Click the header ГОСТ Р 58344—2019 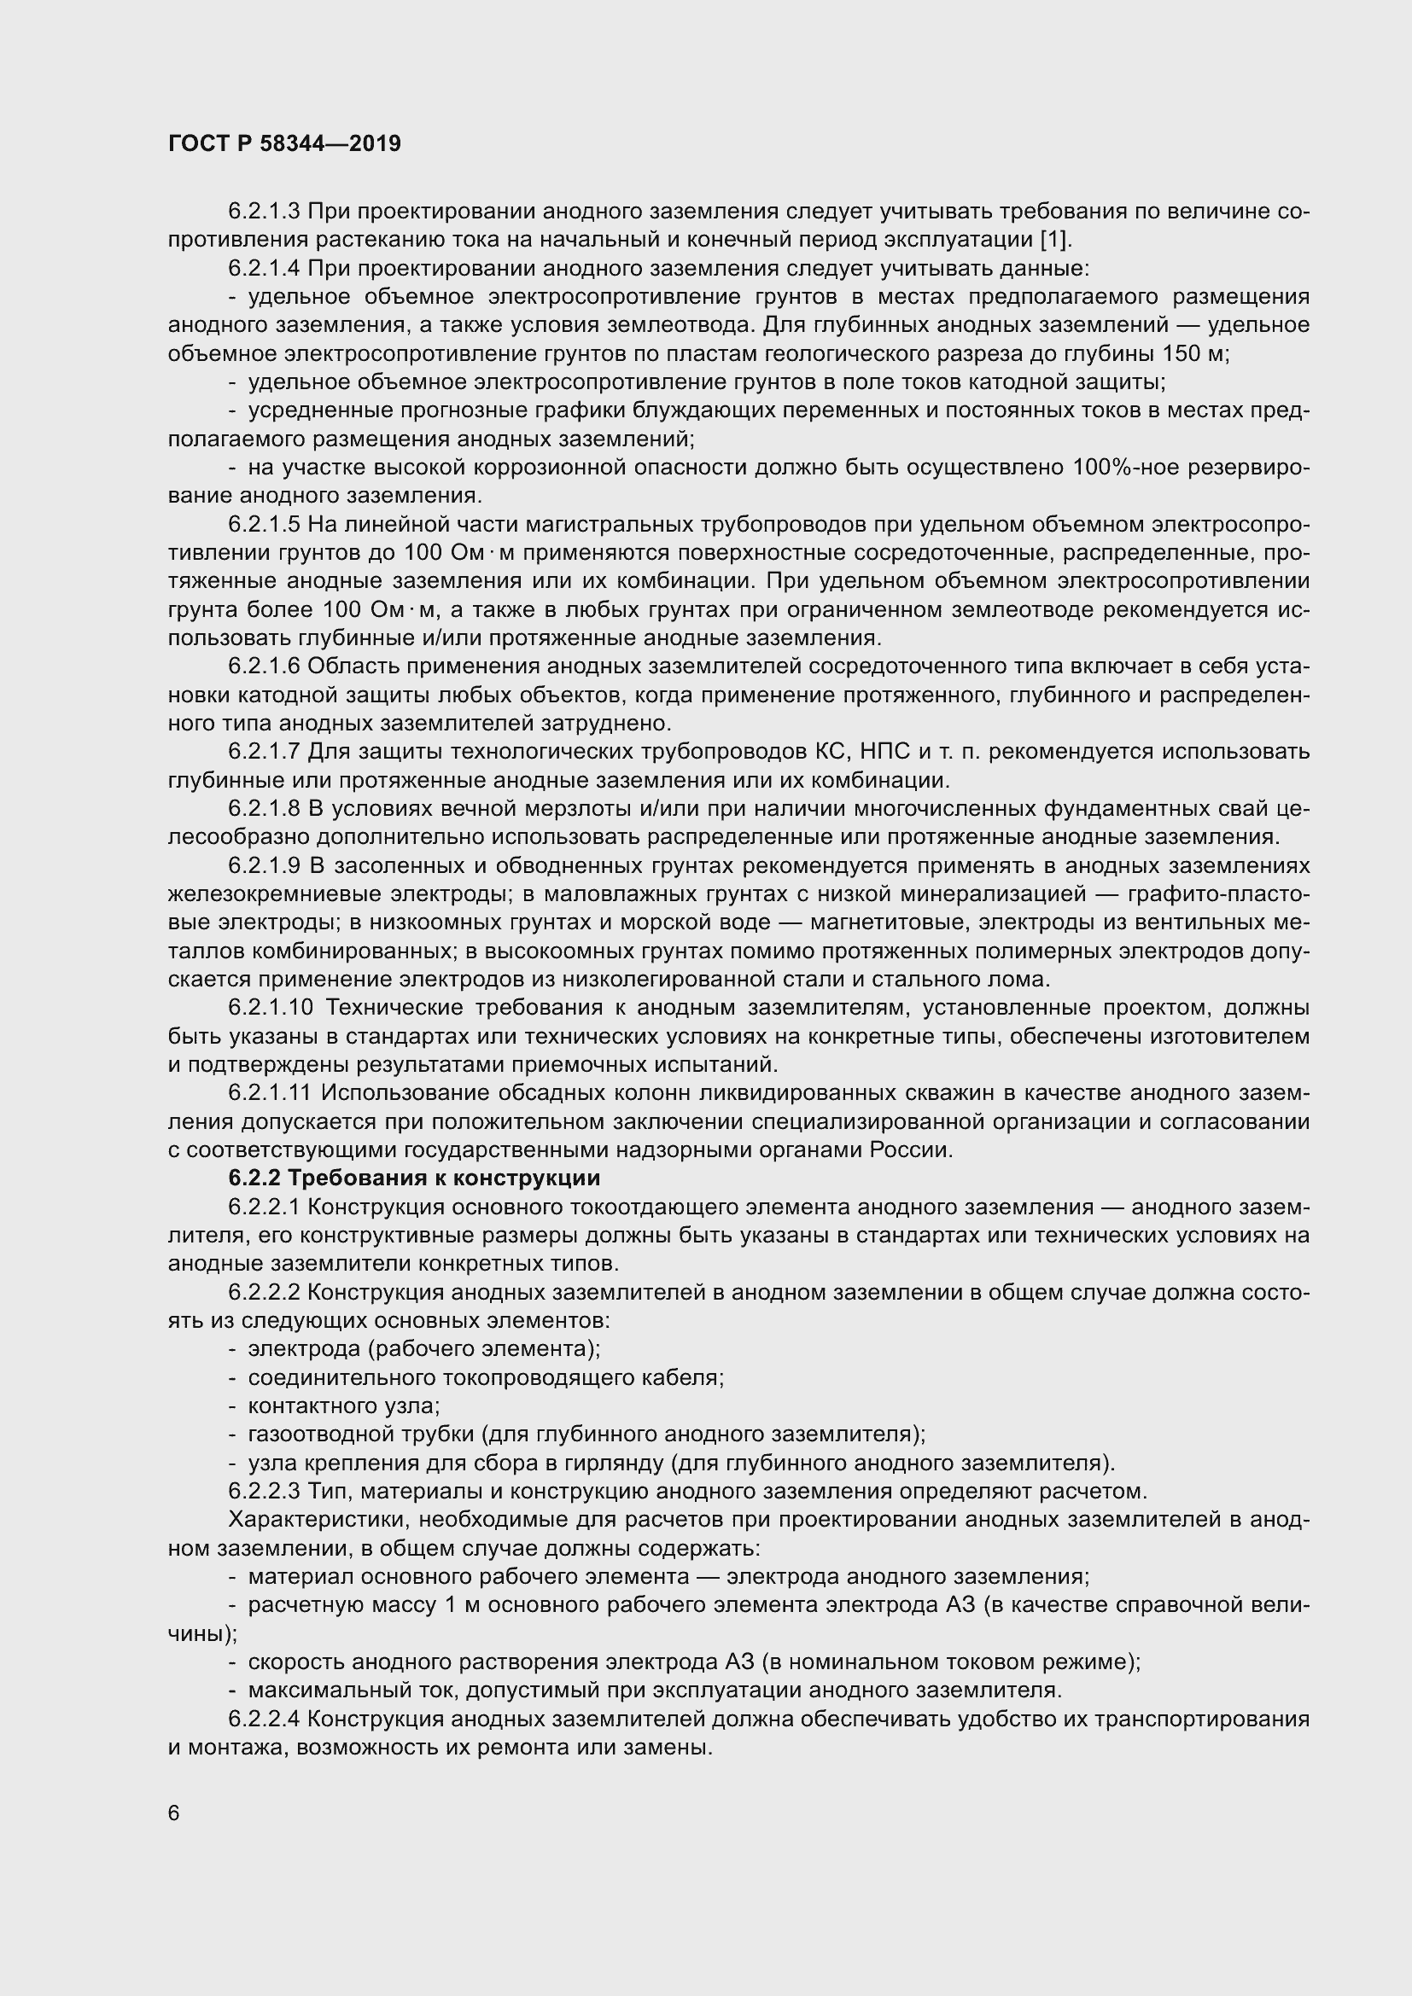284,144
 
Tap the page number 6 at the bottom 174,1813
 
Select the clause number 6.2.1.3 265,212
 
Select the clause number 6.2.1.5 265,524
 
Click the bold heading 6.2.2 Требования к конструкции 414,1178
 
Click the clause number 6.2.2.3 265,1491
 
